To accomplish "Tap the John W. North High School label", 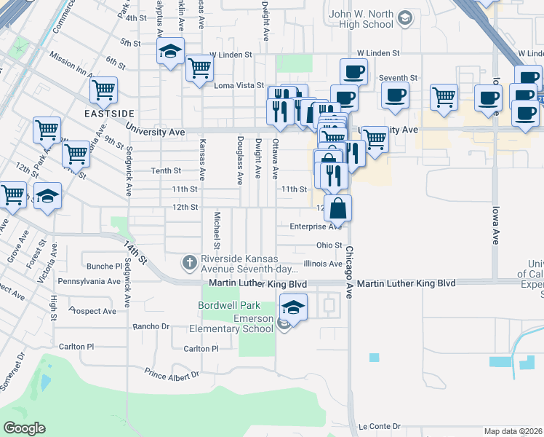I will coord(361,19).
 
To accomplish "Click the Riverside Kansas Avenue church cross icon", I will coord(190,261).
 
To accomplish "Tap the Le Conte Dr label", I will coord(380,426).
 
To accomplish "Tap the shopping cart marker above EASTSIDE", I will coord(103,90).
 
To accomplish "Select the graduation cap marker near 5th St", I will coord(170,51).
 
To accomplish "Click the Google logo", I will coord(24,428).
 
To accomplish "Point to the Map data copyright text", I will coord(513,431).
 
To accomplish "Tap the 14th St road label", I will coord(135,251).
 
